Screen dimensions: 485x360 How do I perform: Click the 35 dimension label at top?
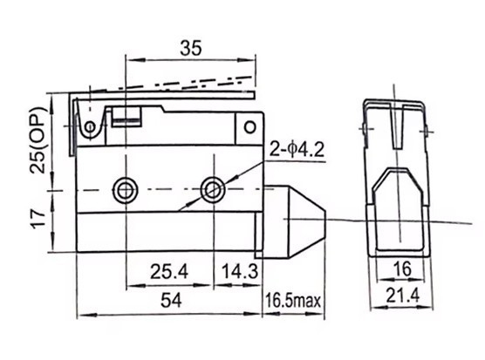[190, 48]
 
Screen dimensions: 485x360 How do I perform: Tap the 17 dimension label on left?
[38, 219]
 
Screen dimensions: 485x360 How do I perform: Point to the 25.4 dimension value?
[169, 272]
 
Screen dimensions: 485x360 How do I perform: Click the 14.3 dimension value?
[240, 272]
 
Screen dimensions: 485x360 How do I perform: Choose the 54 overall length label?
[171, 300]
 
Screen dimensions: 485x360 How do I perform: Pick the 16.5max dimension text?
[293, 301]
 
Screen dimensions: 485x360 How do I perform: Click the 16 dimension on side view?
[403, 268]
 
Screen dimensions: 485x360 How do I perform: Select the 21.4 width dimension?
[403, 295]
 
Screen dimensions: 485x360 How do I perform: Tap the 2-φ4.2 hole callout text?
[297, 150]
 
